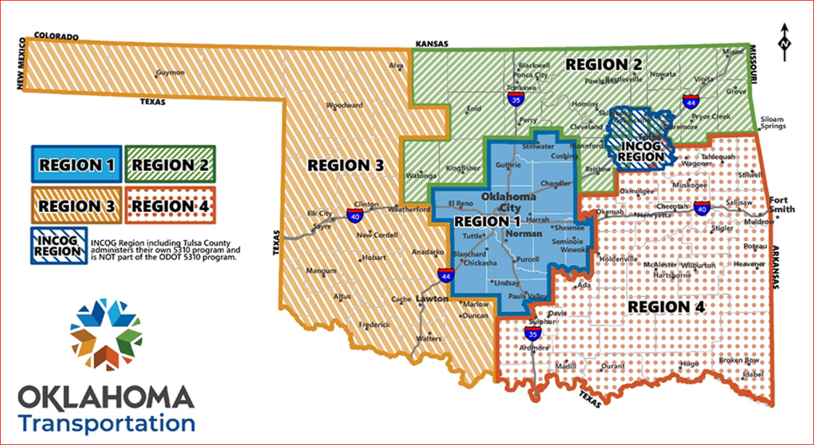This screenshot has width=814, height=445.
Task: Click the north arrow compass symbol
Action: pos(785,42)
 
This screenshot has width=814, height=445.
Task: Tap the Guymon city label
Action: pos(170,73)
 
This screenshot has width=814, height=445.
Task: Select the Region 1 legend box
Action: pos(77,165)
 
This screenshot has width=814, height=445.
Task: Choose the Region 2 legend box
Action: pos(170,165)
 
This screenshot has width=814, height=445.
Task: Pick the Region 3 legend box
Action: pos(77,205)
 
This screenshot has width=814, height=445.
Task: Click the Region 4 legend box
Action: pos(170,205)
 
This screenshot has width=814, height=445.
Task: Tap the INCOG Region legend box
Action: pos(59,245)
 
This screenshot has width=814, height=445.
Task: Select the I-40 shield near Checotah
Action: pos(701,208)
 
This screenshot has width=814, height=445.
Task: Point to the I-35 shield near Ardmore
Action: pos(532,333)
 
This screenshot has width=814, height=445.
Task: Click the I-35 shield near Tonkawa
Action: pos(514,98)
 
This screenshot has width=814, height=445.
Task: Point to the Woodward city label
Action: pos(344,106)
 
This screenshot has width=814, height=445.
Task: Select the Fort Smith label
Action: pos(782,205)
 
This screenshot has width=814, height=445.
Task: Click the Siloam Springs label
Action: pos(772,123)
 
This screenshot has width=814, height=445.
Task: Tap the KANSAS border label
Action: pos(432,43)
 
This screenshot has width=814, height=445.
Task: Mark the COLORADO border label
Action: pos(56,36)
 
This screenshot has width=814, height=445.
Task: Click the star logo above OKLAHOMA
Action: pos(106,335)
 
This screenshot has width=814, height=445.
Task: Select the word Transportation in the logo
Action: pos(106,424)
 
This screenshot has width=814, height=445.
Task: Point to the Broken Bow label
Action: pos(739,360)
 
